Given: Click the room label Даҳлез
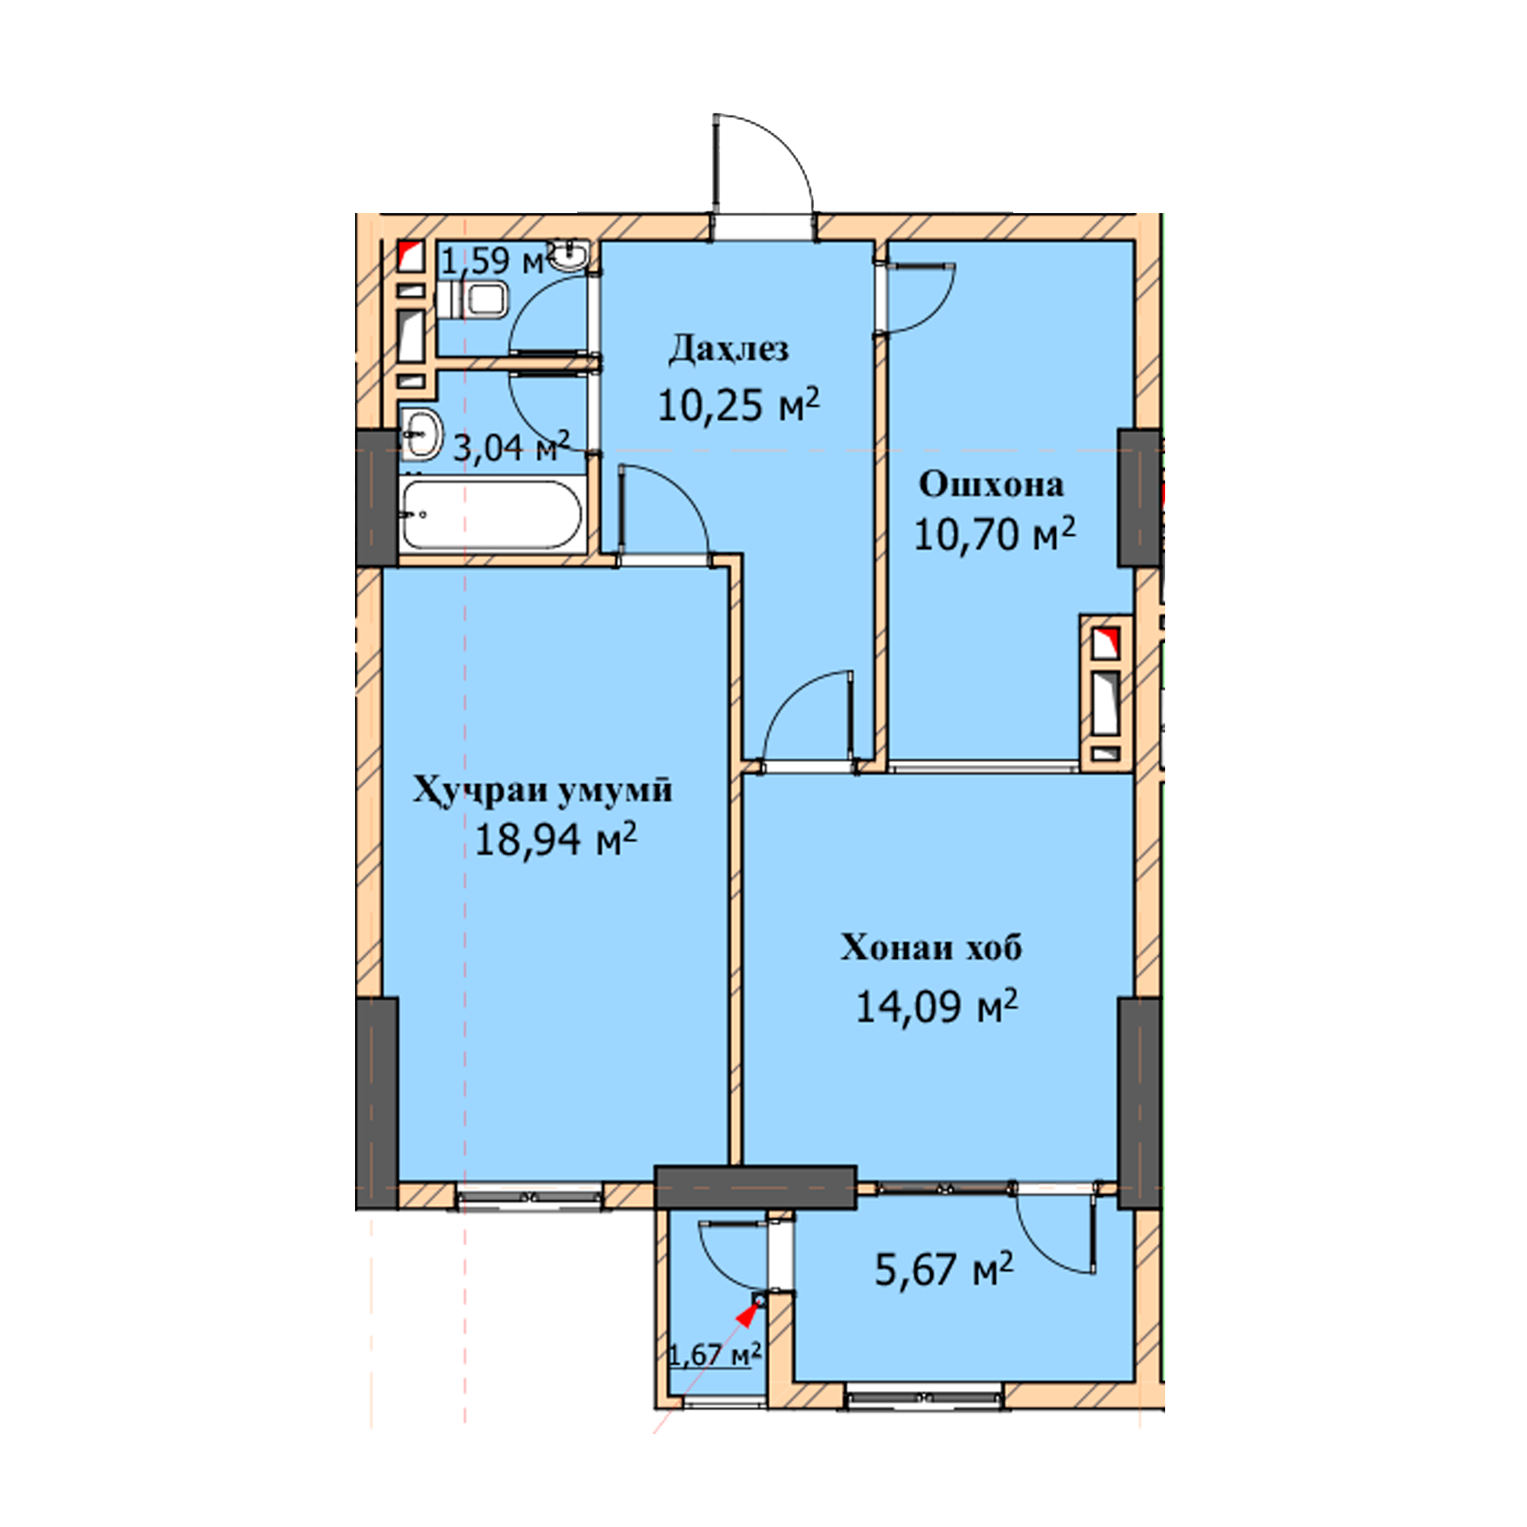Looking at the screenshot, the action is point(728,349).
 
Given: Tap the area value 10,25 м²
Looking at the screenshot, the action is point(738,404).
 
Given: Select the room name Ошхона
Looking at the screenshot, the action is point(991,485).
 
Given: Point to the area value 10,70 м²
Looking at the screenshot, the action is point(994,534).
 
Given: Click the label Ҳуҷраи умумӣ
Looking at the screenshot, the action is point(542,791).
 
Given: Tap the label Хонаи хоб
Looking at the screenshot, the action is point(931,948).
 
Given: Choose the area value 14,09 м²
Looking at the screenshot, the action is point(937,1006).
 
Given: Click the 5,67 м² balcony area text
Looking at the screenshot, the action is point(944,1270).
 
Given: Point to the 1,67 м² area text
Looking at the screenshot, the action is point(715,1354).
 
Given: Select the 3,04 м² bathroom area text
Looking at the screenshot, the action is point(511,447).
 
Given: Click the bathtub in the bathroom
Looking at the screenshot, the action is point(492,514).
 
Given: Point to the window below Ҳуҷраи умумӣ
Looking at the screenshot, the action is point(530,1195).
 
